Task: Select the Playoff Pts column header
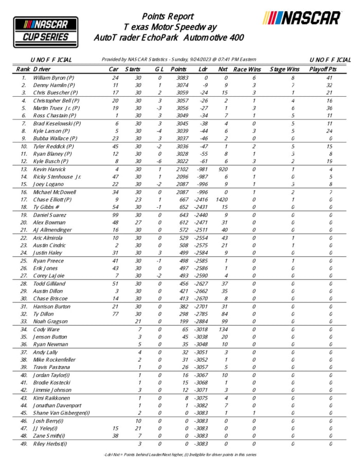323,69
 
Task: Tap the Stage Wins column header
285,69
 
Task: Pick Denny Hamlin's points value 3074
178,85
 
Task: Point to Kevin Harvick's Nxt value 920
223,169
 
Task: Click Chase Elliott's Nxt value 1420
223,200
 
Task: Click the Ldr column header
203,69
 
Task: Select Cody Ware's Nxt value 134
223,329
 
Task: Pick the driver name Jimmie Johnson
53,390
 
